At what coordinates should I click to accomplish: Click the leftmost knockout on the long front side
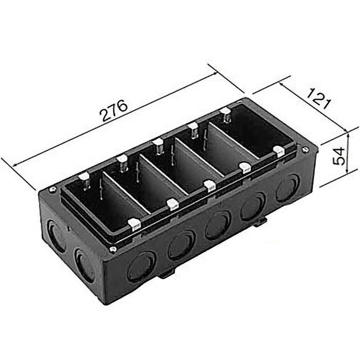pos(141,267)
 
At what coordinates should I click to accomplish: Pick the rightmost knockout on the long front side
pos(288,187)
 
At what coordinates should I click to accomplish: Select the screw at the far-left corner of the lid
pos(53,189)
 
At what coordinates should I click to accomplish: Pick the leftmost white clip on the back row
pos(84,178)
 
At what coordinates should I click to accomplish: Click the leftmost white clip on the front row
pos(134,223)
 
